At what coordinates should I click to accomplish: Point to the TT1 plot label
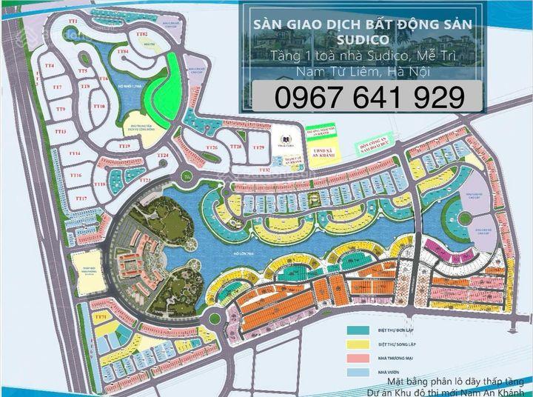pyautogui.click(x=72, y=21)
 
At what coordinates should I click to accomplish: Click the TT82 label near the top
pyautogui.click(x=143, y=35)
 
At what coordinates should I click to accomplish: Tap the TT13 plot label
pyautogui.click(x=61, y=132)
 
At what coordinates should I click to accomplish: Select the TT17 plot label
pyautogui.click(x=81, y=199)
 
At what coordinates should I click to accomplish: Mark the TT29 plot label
pyautogui.click(x=258, y=149)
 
